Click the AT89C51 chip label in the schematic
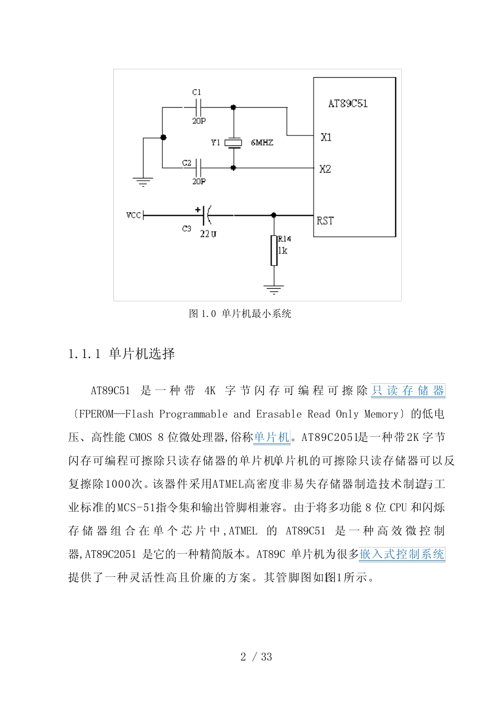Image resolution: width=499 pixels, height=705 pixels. (348, 103)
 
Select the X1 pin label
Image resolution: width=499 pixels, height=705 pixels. (326, 137)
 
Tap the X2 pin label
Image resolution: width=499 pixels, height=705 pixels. (325, 169)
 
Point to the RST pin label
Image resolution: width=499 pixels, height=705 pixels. (325, 220)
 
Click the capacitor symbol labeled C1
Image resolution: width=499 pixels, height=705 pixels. (198, 107)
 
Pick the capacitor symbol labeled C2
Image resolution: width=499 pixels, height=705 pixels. (198, 168)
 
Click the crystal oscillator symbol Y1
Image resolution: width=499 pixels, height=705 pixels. (233, 143)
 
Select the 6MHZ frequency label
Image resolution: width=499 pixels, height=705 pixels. (262, 143)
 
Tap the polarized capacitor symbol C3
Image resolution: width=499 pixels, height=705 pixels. (206, 215)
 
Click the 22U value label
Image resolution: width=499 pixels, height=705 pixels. (208, 234)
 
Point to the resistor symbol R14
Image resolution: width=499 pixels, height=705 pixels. (274, 250)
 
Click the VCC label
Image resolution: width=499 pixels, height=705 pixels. (133, 215)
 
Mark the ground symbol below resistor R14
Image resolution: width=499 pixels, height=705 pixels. (274, 289)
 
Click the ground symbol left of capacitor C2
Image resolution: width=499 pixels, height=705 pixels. (143, 182)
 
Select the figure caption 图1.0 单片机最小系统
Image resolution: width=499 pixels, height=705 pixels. (240, 314)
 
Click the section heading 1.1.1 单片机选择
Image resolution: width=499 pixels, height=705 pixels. (122, 354)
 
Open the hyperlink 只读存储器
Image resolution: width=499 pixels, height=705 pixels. (408, 391)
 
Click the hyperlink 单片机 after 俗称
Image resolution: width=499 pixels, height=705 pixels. (272, 437)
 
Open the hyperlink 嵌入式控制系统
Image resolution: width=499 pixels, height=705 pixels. (402, 554)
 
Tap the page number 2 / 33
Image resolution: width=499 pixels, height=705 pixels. (256, 657)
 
